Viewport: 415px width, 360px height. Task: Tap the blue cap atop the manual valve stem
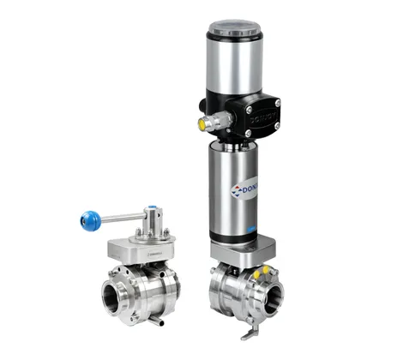151,208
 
